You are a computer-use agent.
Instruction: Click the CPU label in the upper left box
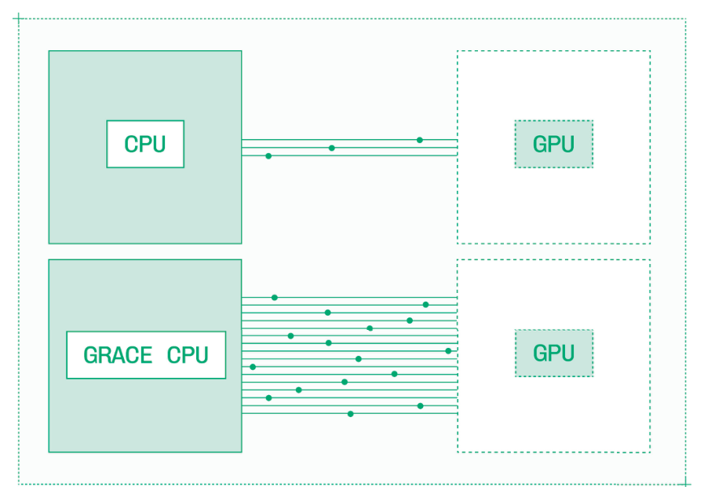[145, 145]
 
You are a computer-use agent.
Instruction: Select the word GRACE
[118, 355]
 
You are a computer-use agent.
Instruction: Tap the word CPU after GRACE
[188, 355]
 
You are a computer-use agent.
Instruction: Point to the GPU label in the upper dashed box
[553, 145]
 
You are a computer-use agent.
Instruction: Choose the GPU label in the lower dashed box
[553, 353]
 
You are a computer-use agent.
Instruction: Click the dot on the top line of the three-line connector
[419, 140]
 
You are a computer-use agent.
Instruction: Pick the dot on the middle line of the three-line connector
[331, 148]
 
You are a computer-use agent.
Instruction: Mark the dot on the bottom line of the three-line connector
[268, 156]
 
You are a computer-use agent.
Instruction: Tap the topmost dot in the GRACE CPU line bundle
[274, 298]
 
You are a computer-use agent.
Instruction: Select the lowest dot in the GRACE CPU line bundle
[350, 413]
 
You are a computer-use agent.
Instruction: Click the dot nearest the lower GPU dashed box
[448, 351]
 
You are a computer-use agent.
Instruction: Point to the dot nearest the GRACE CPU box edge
[253, 367]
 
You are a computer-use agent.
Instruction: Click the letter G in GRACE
[91, 355]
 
